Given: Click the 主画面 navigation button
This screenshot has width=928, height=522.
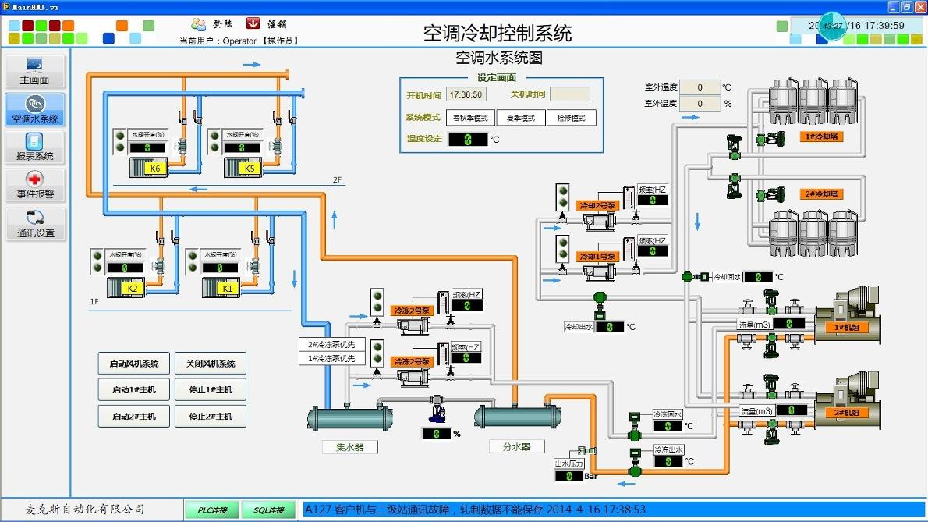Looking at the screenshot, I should click(34, 71).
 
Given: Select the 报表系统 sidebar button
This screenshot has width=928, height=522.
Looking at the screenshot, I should click(34, 147).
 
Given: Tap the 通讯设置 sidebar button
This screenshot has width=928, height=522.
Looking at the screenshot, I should click(34, 224).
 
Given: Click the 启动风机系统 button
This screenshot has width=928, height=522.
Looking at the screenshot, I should click(134, 364).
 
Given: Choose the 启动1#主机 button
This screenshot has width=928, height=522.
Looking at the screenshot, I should click(134, 390).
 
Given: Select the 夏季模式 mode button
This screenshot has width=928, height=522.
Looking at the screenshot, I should click(521, 118).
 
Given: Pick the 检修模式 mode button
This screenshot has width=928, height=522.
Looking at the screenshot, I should click(571, 118).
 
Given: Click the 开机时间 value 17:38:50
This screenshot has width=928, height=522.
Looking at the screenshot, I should click(466, 94).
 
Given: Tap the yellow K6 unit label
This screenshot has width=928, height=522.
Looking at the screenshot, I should click(155, 169).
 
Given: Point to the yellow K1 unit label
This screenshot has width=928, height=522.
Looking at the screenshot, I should click(228, 288).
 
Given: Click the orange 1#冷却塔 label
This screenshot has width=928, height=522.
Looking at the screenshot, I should click(821, 137).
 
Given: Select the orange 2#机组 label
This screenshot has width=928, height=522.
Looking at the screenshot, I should click(847, 413).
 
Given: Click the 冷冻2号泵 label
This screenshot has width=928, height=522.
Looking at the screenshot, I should click(411, 311).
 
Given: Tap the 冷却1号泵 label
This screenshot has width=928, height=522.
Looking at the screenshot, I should click(597, 256).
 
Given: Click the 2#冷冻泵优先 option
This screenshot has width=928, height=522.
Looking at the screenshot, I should click(331, 344).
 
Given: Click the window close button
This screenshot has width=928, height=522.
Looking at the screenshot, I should click(919, 7).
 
